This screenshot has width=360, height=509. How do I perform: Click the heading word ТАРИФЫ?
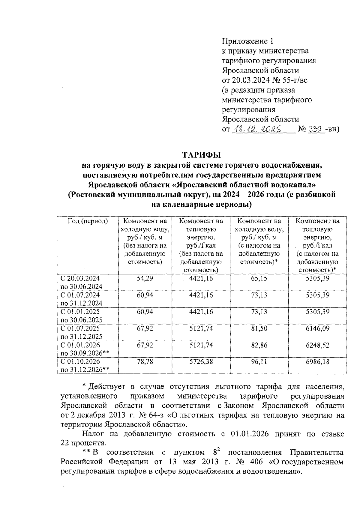(x=201, y=155)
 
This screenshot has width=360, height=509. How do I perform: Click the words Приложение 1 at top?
(x=248, y=41)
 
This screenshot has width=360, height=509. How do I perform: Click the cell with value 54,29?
(x=145, y=278)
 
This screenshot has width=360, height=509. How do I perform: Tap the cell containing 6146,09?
(x=317, y=328)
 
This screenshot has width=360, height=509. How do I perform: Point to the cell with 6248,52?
(x=317, y=345)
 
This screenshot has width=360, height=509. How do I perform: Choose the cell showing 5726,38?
(x=201, y=362)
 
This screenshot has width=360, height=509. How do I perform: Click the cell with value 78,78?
(x=145, y=362)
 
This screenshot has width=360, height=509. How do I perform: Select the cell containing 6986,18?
(x=317, y=362)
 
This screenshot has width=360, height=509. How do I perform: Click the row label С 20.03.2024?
(x=80, y=278)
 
